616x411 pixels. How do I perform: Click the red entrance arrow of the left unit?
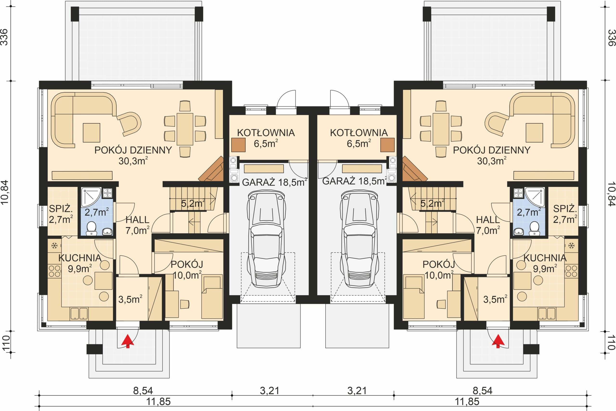(128, 341)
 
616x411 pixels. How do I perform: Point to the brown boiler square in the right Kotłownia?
(387, 145)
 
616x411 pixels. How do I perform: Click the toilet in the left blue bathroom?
(91, 228)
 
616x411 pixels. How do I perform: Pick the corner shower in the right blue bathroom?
(534, 197)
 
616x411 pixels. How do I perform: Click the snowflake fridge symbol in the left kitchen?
(54, 246)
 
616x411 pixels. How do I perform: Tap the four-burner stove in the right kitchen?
(571, 271)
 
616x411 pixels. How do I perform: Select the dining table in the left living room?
(185, 129)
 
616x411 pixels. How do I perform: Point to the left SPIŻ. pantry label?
(61, 209)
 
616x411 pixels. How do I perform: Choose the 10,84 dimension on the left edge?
(5, 192)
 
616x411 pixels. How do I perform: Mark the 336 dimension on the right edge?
(611, 37)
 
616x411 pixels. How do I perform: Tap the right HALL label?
(488, 220)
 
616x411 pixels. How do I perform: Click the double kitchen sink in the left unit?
(79, 313)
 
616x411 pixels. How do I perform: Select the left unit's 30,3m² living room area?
(133, 161)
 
